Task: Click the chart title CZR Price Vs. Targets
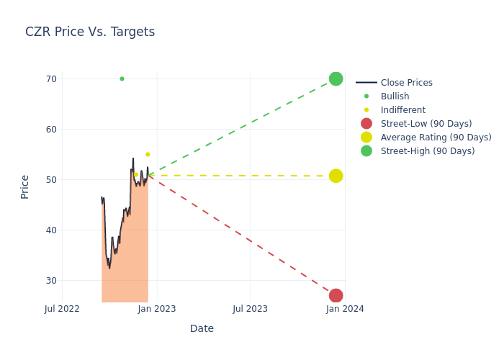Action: coord(90,32)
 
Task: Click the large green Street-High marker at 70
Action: coord(336,78)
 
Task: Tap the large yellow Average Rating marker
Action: coord(336,176)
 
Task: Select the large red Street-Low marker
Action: coord(336,295)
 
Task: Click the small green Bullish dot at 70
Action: coord(122,78)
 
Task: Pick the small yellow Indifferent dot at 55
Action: coord(148,154)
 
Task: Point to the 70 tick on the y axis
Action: coord(52,79)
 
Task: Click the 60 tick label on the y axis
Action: coord(52,130)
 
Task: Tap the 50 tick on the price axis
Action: coord(52,180)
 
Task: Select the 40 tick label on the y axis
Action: coord(52,230)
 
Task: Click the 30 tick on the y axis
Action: coord(52,281)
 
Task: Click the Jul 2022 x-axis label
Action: coord(62,309)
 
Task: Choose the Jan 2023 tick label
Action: coord(157,309)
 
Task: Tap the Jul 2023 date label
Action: coord(251,309)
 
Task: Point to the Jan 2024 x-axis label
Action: coord(345,309)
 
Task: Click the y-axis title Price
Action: coord(25,186)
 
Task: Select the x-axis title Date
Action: coord(202,328)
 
